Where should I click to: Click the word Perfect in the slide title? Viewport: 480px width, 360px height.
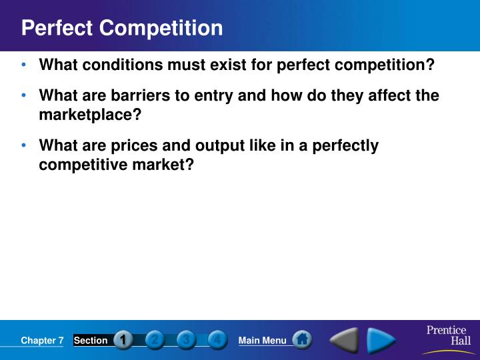(57, 28)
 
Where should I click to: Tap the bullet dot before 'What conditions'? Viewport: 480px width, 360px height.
(24, 65)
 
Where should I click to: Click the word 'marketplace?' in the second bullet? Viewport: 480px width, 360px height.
(91, 114)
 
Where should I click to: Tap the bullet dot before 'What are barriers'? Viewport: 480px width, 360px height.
(24, 95)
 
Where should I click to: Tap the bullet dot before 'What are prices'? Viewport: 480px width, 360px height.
(24, 145)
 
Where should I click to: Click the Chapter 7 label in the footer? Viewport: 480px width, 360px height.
(42, 341)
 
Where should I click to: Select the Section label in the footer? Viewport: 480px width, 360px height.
(90, 341)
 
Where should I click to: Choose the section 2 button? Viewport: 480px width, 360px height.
(155, 340)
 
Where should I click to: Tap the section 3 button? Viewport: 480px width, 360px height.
(186, 340)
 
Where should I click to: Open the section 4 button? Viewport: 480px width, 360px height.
(217, 340)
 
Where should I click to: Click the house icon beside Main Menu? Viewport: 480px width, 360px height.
(302, 340)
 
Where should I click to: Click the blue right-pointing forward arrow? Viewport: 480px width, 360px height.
(382, 341)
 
